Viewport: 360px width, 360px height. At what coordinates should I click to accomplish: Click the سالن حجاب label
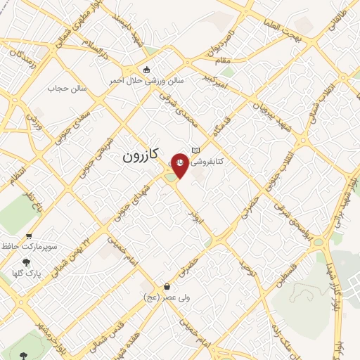pyautogui.click(x=66, y=89)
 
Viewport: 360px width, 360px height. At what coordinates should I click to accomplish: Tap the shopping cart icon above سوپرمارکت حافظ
pyautogui.click(x=29, y=236)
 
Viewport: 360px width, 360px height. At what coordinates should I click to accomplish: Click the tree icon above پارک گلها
pyautogui.click(x=27, y=261)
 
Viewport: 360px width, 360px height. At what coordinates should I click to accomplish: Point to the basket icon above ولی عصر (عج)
pyautogui.click(x=167, y=286)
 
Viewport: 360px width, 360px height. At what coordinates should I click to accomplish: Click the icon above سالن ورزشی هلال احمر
pyautogui.click(x=146, y=69)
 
